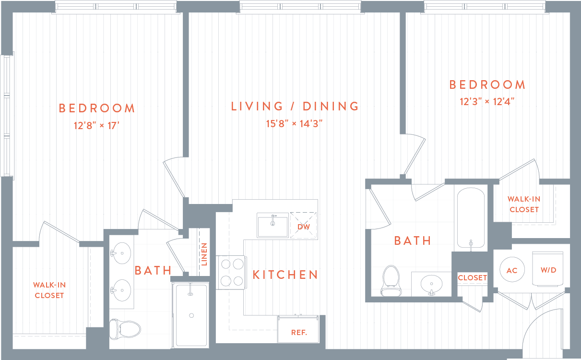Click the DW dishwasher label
(303, 227)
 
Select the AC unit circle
(512, 270)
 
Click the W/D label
(548, 270)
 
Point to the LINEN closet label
(204, 254)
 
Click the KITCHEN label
(285, 275)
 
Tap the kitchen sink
(272, 225)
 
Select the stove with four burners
(231, 272)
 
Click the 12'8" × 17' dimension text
(96, 126)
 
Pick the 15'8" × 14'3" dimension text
(295, 124)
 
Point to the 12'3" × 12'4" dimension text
(487, 102)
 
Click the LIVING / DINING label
(295, 106)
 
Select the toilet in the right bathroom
(391, 281)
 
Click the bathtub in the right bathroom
(471, 218)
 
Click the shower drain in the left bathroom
(191, 315)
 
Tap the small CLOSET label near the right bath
(472, 278)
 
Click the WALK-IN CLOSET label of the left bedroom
(49, 290)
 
